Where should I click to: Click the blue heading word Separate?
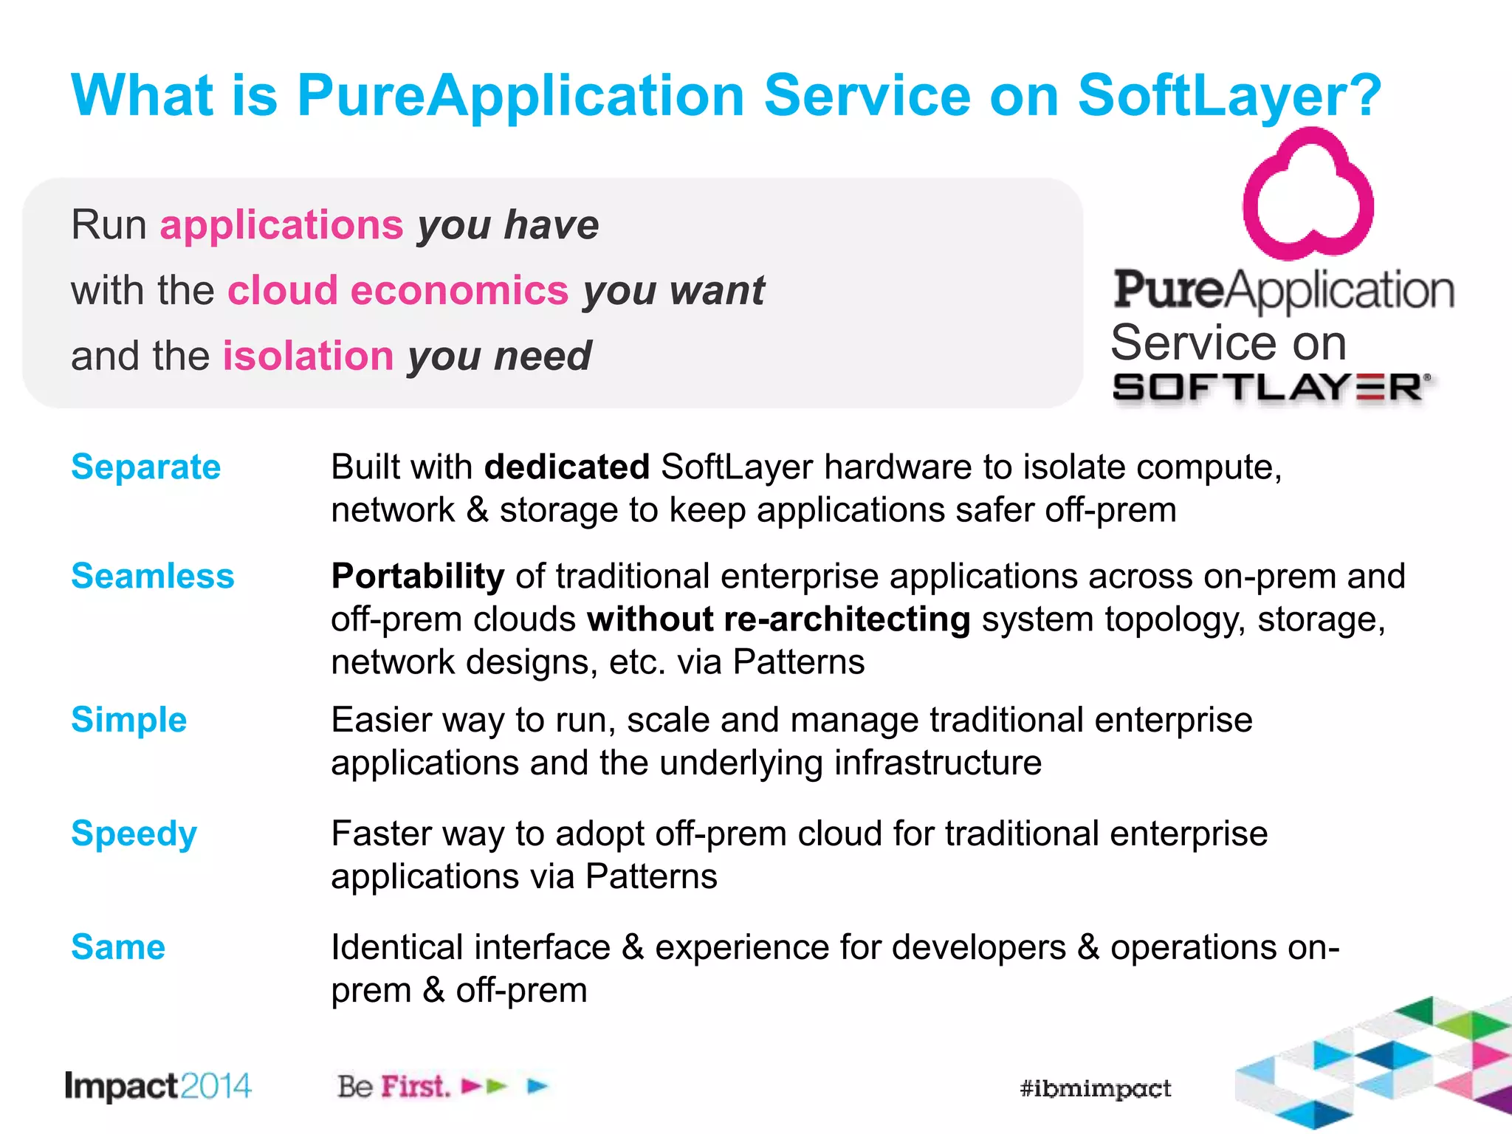tap(145, 467)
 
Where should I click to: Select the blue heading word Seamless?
tap(152, 576)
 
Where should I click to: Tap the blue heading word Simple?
tap(128, 720)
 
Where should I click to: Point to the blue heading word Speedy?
tap(134, 834)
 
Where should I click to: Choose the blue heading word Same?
tap(118, 947)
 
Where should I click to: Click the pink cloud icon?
tap(1307, 195)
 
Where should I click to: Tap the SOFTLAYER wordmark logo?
tap(1270, 388)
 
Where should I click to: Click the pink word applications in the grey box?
tap(281, 224)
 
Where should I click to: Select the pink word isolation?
tap(308, 356)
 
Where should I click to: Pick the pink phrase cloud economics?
tap(398, 290)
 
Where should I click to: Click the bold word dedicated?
tap(566, 467)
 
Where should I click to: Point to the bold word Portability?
tap(418, 576)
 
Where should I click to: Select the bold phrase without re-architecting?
tap(778, 619)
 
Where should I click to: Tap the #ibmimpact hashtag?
tap(1095, 1088)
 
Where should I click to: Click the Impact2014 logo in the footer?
tap(158, 1086)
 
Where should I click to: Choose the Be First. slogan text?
tap(394, 1087)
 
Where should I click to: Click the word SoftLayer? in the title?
tap(1228, 95)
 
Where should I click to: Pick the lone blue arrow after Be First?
tap(538, 1086)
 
